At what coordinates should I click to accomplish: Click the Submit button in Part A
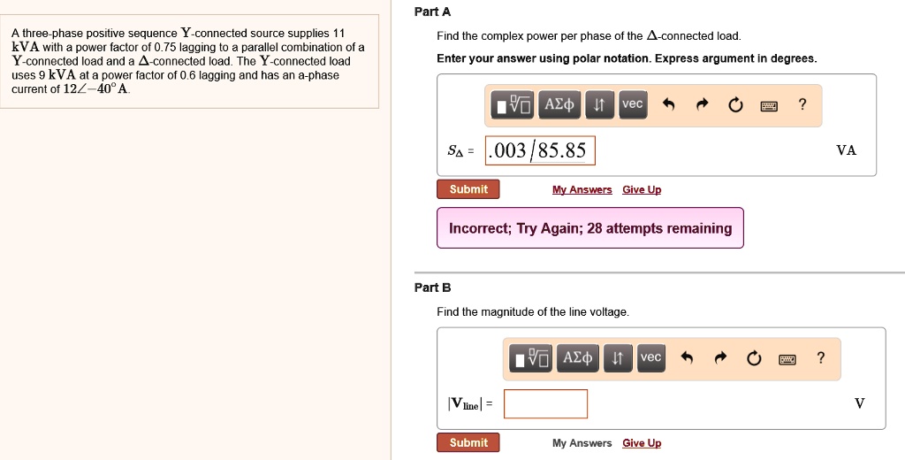(468, 189)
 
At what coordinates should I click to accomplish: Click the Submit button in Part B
(468, 442)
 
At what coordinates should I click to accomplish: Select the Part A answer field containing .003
(540, 151)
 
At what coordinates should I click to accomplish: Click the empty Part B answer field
(545, 403)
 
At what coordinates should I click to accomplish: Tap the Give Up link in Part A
(642, 190)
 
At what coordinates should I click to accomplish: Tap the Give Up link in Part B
(642, 443)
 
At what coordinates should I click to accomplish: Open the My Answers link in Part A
(582, 190)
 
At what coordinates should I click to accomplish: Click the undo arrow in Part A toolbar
(669, 105)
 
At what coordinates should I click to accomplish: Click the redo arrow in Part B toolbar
(720, 358)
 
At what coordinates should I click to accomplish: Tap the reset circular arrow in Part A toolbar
(735, 105)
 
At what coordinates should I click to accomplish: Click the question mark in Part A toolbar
(802, 105)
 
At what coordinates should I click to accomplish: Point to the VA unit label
(846, 150)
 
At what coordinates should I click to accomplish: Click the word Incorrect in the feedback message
(478, 228)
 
